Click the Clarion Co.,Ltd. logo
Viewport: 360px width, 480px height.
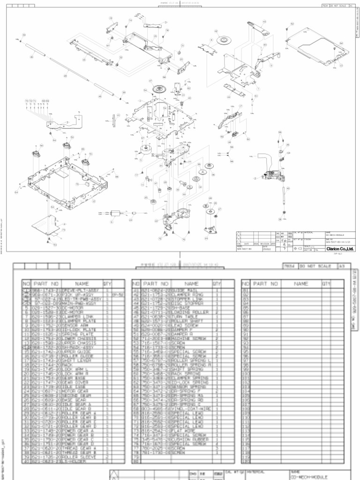point(337,248)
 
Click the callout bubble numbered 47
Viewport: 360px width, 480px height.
point(150,81)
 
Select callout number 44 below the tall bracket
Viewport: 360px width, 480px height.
point(229,97)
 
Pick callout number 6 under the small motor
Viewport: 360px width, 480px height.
point(112,221)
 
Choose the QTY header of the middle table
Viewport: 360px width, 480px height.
point(217,284)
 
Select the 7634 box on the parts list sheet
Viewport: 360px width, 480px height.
point(289,266)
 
